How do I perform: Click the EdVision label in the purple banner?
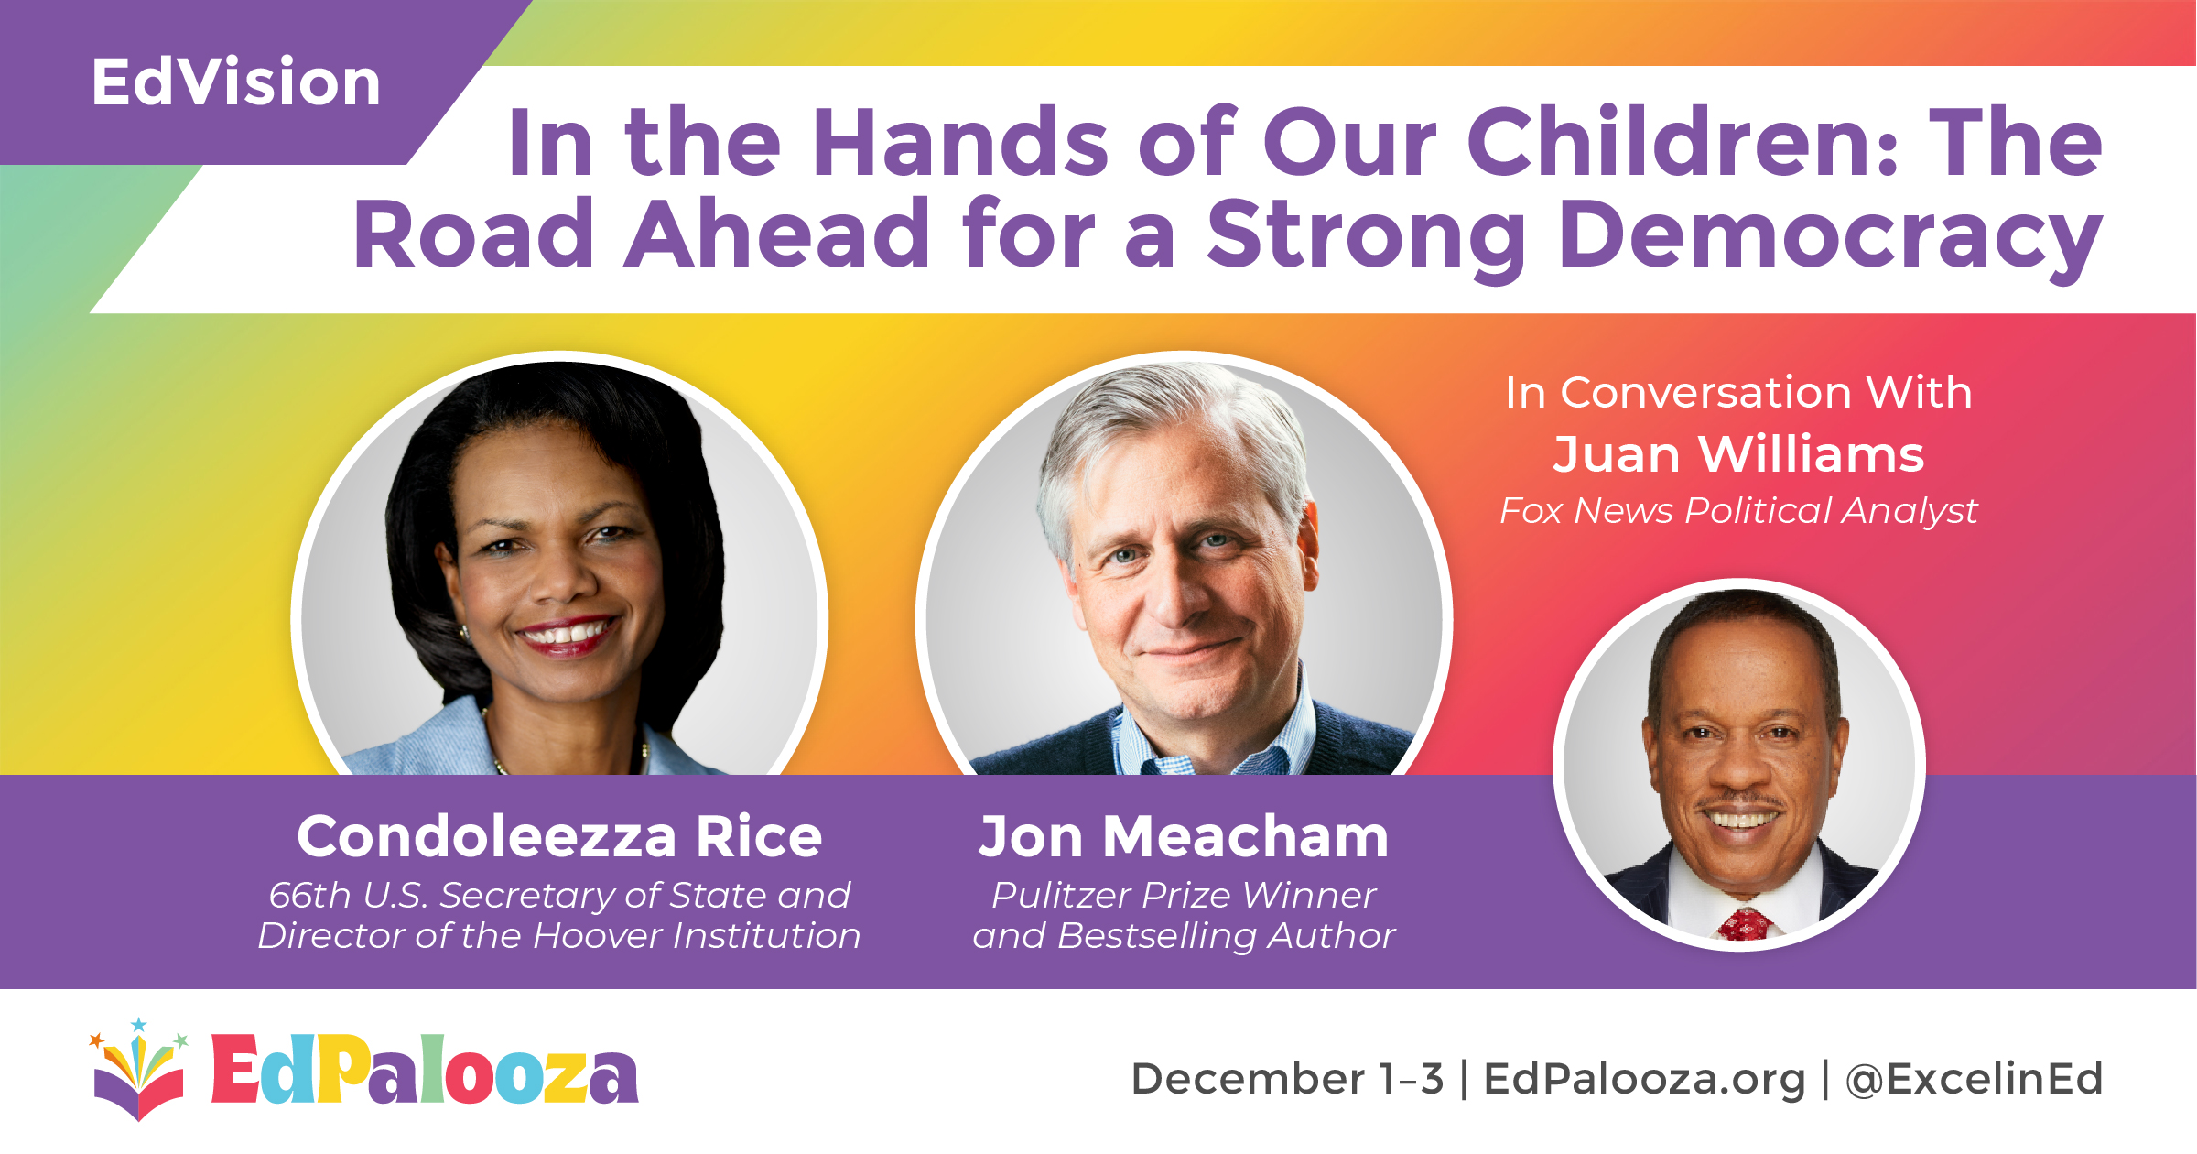236,82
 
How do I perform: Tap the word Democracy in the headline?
1832,235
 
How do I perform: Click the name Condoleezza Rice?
559,836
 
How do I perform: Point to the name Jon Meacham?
1184,836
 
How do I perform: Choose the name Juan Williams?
1738,454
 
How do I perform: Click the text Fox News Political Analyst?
1738,511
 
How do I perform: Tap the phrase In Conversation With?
1738,392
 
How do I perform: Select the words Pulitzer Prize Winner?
1184,895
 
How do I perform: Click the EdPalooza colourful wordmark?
425,1069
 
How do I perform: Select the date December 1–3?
1288,1079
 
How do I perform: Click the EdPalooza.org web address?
1644,1079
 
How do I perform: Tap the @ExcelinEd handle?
1974,1079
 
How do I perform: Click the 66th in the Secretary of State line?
309,895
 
